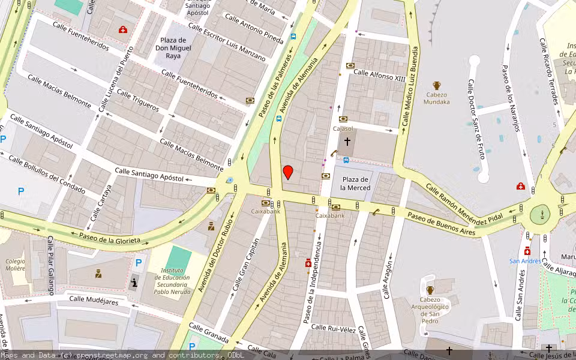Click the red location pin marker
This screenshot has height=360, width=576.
point(288,172)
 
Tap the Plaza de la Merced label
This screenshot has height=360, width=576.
point(356,184)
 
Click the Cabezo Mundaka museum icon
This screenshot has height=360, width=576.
point(437,86)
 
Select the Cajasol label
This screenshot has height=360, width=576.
point(343,129)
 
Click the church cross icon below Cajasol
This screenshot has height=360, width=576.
point(347,142)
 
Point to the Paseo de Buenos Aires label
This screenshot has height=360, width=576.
point(441,223)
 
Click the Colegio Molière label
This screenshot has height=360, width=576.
point(16,265)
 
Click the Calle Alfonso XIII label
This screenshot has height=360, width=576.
point(379,75)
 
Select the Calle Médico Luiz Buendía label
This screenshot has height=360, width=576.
point(413,87)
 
